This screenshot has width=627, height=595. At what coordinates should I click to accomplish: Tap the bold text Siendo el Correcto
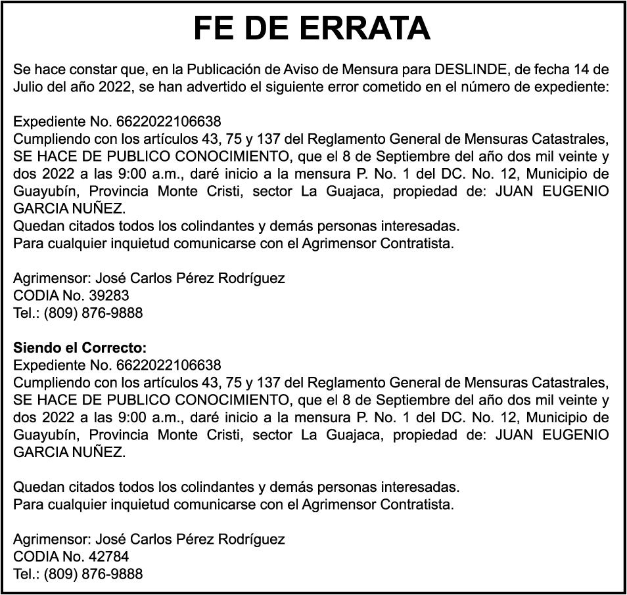[80, 347]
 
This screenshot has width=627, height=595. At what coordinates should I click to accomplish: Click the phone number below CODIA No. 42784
[93, 574]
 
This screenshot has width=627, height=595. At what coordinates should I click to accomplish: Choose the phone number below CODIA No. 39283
[93, 313]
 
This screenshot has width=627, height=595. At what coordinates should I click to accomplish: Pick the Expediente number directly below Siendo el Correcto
[169, 364]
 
